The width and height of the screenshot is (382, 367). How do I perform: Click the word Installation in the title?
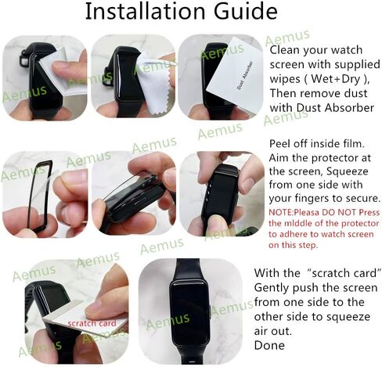click(x=145, y=11)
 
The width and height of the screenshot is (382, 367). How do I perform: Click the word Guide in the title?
click(x=246, y=11)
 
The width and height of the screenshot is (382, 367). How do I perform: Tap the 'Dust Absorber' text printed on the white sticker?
click(x=244, y=76)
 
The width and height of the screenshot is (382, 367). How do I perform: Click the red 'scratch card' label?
click(x=92, y=323)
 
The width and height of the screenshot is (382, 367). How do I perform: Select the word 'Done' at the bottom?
click(x=269, y=345)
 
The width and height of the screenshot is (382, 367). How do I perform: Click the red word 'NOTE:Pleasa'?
click(x=294, y=212)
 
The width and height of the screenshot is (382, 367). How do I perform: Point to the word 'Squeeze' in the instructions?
click(x=348, y=171)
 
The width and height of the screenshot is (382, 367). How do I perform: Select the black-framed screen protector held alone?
click(x=40, y=196)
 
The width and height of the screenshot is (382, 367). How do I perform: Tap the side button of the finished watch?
click(x=210, y=311)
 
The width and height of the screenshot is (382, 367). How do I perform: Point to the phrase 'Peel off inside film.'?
click(x=316, y=144)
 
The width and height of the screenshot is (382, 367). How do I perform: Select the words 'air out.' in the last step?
click(x=273, y=331)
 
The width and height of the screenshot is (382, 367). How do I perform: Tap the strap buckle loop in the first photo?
click(x=24, y=59)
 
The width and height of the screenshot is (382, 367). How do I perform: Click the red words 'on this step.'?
click(x=294, y=245)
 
